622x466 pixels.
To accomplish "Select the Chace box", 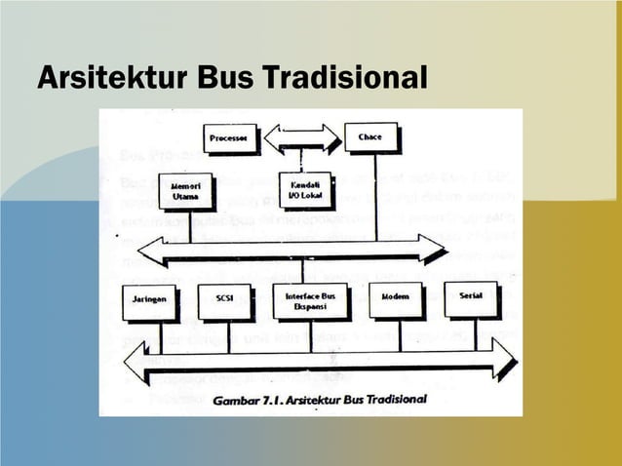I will [371, 137].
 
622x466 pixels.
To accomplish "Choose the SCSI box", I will [224, 301].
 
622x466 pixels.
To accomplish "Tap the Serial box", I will [471, 298].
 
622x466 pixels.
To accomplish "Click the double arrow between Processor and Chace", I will [301, 137].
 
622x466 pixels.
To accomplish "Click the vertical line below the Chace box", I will [376, 195].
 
